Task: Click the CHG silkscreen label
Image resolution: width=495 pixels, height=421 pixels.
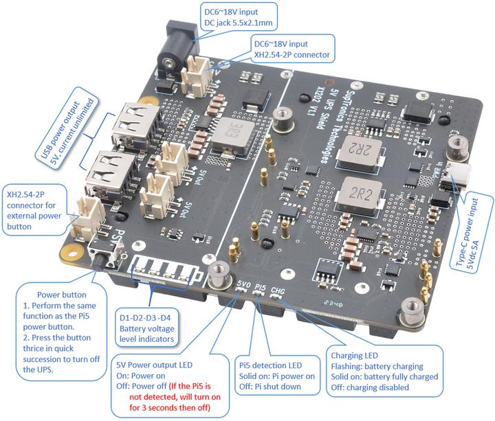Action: click(x=278, y=291)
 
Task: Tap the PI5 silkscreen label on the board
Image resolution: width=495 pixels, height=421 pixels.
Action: click(x=261, y=286)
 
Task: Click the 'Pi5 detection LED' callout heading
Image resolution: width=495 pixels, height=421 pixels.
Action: click(x=271, y=364)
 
